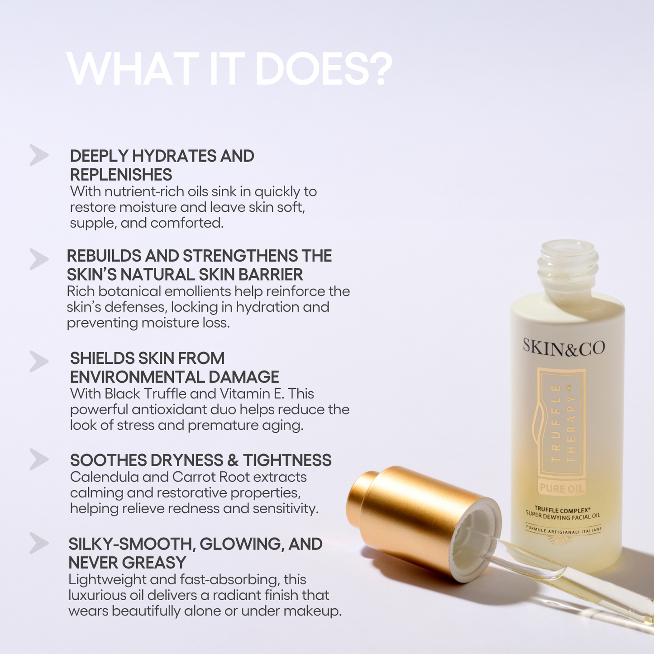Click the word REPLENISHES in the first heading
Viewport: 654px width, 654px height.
click(x=121, y=175)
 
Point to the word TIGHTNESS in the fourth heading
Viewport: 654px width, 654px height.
click(x=287, y=460)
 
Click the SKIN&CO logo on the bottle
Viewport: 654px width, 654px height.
click(x=563, y=348)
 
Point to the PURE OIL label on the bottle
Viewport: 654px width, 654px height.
click(x=561, y=488)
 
